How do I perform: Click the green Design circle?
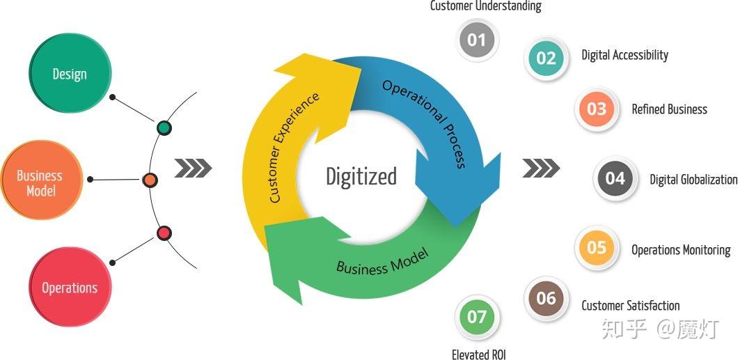[70, 73]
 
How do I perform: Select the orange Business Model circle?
[40, 182]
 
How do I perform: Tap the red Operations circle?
[70, 287]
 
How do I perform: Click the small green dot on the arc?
[164, 127]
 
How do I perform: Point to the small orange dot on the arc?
[149, 180]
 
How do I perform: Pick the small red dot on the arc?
[164, 233]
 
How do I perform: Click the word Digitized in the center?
[361, 176]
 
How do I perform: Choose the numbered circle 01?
[476, 40]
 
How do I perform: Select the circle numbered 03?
[596, 109]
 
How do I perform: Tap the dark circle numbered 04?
[615, 179]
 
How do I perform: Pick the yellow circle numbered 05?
[596, 248]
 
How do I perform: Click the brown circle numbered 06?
[546, 299]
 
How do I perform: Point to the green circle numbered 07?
[476, 318]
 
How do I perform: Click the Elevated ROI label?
[479, 354]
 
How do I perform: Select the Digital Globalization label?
[693, 180]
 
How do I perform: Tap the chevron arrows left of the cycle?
[192, 168]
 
